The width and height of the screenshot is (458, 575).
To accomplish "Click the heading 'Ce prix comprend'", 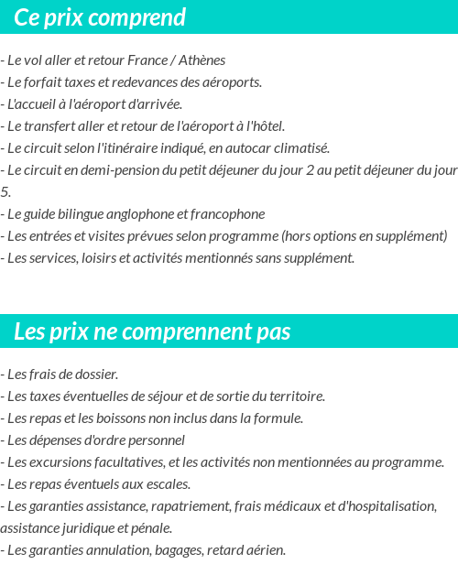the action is coord(100,17).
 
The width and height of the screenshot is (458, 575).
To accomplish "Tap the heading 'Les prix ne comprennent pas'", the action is coord(152,331).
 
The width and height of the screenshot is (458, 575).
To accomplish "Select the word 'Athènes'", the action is coord(202,60).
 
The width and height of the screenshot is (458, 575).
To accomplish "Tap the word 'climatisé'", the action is coord(301,148).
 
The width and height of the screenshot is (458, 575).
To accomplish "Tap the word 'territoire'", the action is coord(293,396).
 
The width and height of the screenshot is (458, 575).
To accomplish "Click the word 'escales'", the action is coord(165,484).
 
